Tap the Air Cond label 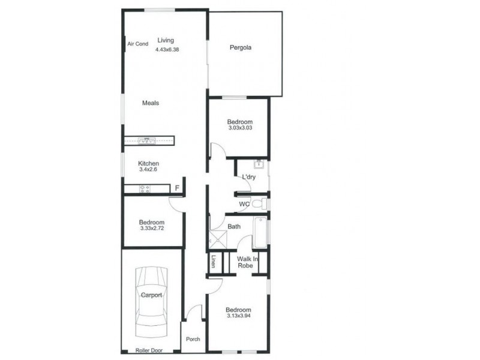pos(137,44)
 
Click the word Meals pos(150,103)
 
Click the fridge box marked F pos(176,189)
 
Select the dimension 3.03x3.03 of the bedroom pos(239,128)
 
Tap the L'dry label pos(249,177)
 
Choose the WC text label pos(244,205)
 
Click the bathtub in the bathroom pos(260,233)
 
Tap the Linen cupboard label pos(214,262)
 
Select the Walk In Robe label pos(247,262)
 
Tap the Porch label pos(193,340)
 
